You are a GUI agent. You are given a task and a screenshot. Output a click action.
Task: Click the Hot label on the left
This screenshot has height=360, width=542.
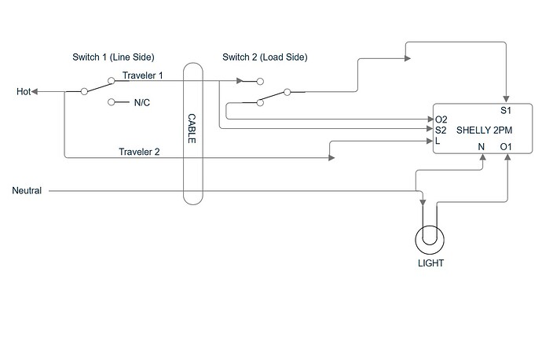click(x=24, y=92)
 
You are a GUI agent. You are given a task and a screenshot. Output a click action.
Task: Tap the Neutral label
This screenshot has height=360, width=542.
click(x=27, y=191)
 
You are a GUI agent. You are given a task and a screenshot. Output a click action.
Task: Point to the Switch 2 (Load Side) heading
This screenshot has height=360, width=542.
click(x=265, y=57)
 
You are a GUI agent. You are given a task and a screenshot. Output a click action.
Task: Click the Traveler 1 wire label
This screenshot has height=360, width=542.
click(x=142, y=76)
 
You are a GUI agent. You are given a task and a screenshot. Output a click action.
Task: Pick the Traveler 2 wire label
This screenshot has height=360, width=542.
click(x=140, y=152)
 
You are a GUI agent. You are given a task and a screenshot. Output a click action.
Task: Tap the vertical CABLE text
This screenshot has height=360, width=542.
click(x=192, y=128)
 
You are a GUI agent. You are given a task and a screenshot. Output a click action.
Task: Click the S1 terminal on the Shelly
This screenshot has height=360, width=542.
click(x=506, y=110)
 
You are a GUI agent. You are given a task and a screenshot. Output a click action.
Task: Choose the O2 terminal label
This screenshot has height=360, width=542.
click(x=441, y=120)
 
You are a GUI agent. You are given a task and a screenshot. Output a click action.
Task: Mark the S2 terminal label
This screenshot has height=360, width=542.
click(x=441, y=130)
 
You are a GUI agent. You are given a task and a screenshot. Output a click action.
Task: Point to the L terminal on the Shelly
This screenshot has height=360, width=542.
click(x=438, y=141)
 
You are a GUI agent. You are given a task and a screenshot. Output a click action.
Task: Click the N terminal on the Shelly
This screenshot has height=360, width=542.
click(x=481, y=146)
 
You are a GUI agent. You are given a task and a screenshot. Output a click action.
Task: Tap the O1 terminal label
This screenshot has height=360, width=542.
click(x=506, y=146)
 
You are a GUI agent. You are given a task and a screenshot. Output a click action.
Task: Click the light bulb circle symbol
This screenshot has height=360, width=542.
click(x=430, y=237)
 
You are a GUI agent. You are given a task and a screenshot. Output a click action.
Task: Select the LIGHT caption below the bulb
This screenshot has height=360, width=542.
click(x=430, y=263)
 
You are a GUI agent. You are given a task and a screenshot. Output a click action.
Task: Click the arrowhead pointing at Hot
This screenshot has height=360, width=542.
click(x=38, y=91)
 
